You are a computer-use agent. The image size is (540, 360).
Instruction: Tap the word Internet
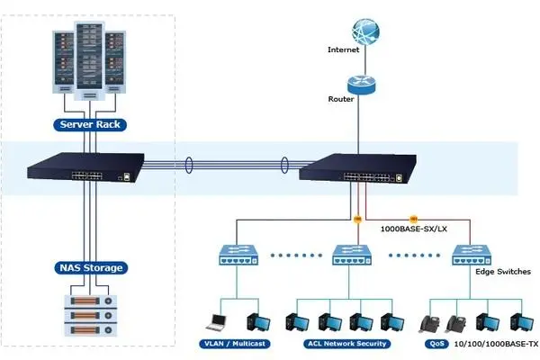coord(345,50)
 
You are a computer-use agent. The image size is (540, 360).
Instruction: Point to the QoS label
coord(438,343)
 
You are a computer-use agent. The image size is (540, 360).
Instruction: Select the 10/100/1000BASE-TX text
coord(498,344)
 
